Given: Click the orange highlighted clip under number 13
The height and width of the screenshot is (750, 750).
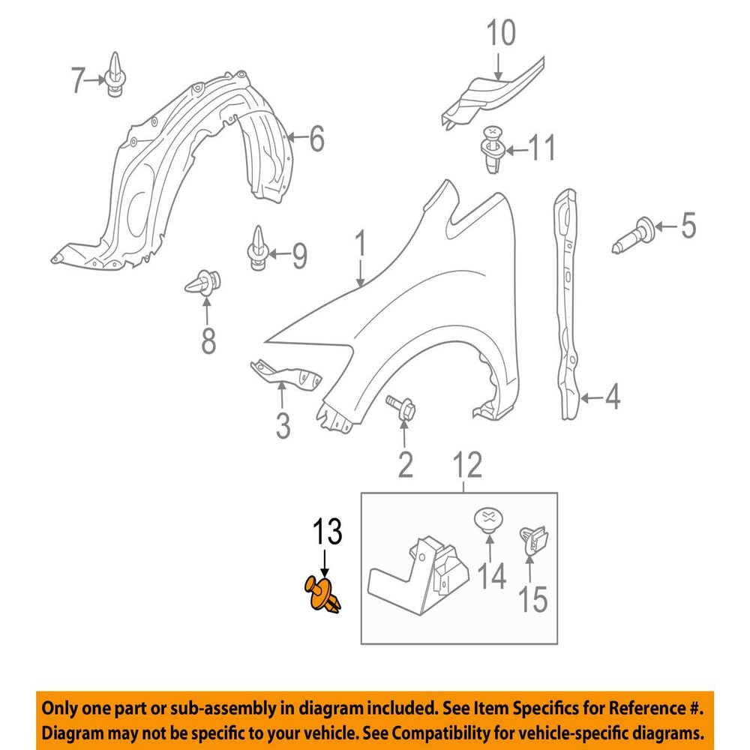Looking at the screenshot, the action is click(x=322, y=595).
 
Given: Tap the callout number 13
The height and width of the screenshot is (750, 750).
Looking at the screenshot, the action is click(x=328, y=532).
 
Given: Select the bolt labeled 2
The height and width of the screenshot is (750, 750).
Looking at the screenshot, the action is click(x=401, y=408).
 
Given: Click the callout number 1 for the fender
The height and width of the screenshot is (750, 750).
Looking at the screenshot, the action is click(x=361, y=244).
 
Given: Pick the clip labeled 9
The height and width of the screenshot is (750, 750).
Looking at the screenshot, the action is click(x=258, y=248).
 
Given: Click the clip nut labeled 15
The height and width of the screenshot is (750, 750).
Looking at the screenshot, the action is click(x=533, y=541).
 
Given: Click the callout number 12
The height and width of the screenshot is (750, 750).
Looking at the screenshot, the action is click(x=468, y=465).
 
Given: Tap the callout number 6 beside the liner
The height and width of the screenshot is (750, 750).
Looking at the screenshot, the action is click(x=317, y=139).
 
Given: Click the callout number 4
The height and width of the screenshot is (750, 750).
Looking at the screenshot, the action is click(x=612, y=397).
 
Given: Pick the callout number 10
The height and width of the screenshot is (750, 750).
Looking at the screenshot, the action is click(x=501, y=32).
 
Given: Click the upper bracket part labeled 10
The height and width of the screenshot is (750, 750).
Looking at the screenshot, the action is click(x=492, y=94).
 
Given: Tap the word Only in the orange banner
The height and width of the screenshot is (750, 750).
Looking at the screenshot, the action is click(x=59, y=709).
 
